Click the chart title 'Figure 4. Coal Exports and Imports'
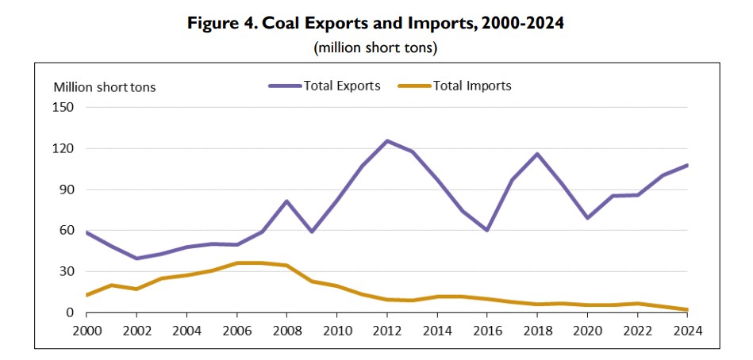(x=376, y=23)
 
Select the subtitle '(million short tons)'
(x=376, y=48)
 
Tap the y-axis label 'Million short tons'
(x=105, y=87)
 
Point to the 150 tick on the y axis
(x=63, y=107)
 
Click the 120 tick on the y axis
(x=63, y=148)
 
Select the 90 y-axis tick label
(x=67, y=190)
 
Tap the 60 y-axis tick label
(x=67, y=231)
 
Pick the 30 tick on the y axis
(x=67, y=272)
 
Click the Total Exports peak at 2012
(x=387, y=141)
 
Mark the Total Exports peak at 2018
(x=537, y=154)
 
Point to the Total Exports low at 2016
(x=487, y=230)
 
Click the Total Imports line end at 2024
(x=687, y=310)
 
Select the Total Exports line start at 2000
(x=86, y=232)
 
